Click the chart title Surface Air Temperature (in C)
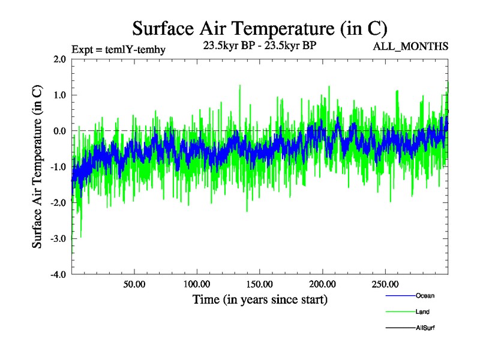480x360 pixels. pos(260,29)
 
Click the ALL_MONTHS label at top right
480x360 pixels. pos(411,46)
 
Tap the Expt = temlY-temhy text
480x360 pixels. pos(118,49)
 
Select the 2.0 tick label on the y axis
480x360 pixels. pos(59,59)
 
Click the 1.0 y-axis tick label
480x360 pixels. pos(59,95)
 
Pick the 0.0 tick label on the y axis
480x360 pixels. pos(59,131)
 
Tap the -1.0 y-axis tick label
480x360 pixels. pos(58,167)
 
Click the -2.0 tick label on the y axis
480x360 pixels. pos(58,203)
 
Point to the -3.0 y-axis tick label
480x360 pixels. pos(58,239)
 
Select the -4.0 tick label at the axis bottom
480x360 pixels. pos(58,275)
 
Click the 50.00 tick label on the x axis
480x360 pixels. pos(134,284)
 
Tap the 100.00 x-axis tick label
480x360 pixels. pos(196,284)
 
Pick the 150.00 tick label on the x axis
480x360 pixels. pos(259,284)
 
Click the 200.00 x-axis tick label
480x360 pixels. pos(322,284)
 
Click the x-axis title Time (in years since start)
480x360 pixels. pos(260,299)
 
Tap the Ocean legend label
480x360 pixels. pos(425,296)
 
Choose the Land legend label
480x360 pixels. pos(422,312)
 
